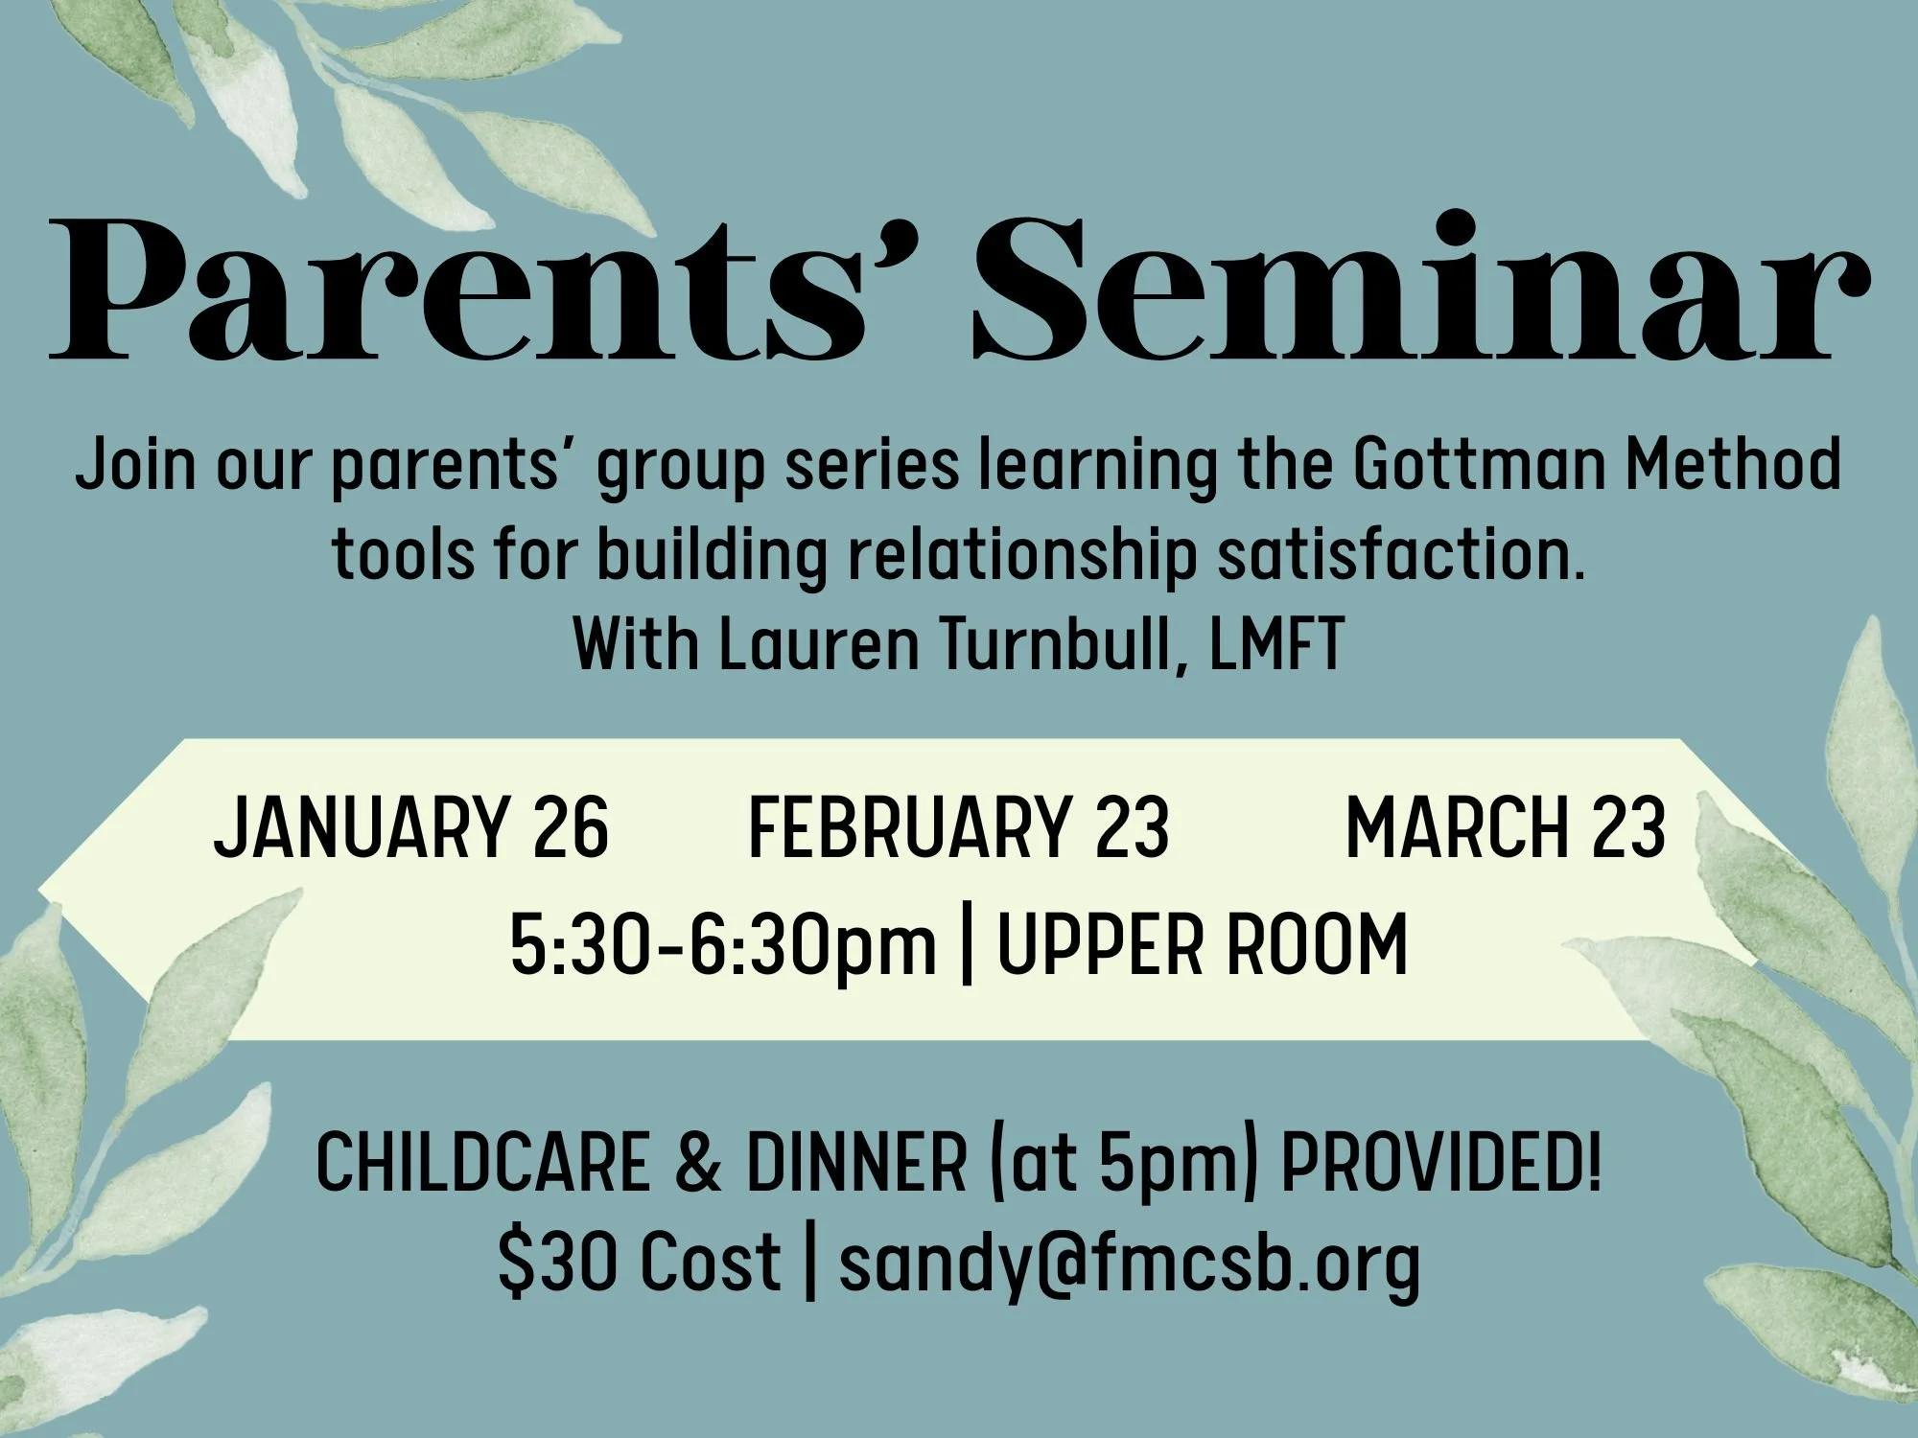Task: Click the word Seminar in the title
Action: pos(1419,288)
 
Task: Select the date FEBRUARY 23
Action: pos(958,826)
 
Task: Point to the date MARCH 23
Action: pos(1506,826)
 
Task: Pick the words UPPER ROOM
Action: pos(1203,945)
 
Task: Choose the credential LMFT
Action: pos(1275,644)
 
